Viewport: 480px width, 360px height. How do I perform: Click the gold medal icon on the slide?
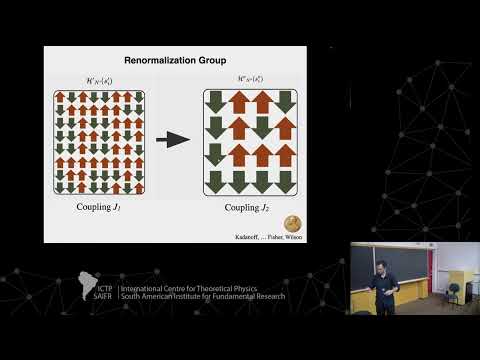tap(293, 222)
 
